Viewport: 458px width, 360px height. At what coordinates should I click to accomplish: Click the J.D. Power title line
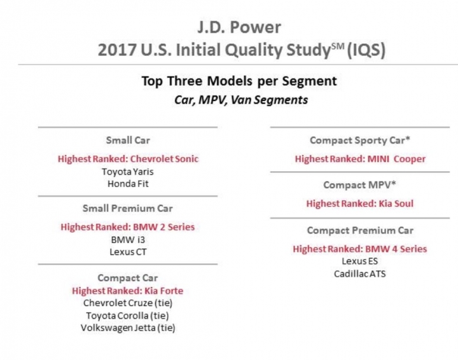(239, 27)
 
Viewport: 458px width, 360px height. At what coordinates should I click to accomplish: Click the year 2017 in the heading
(117, 50)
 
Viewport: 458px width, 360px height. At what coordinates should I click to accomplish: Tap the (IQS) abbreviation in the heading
(366, 50)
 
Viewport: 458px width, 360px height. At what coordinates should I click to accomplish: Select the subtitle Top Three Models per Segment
(239, 81)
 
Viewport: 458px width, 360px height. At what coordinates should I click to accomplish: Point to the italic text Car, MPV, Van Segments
(241, 100)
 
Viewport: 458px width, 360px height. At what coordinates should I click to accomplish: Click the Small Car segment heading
(128, 140)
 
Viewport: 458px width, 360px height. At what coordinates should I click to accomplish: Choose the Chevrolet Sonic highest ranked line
(128, 159)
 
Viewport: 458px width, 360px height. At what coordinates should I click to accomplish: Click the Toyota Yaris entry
(128, 172)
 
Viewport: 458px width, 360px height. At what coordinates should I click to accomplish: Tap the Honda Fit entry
(128, 184)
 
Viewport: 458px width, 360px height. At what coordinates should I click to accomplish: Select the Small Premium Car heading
(128, 209)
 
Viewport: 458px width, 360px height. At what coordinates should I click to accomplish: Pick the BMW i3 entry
(128, 240)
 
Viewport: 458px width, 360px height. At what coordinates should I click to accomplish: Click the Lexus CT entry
(128, 252)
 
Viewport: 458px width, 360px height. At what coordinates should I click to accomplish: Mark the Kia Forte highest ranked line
(128, 291)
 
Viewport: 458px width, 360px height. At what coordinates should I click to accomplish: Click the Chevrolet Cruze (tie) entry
(128, 303)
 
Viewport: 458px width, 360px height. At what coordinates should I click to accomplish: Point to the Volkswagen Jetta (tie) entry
(128, 328)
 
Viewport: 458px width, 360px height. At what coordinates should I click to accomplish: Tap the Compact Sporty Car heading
(360, 141)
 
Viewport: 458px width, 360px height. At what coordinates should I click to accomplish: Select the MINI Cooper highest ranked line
(360, 159)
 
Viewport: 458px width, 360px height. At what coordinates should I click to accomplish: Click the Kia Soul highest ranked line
(360, 204)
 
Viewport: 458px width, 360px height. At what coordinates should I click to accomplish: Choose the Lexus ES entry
(360, 261)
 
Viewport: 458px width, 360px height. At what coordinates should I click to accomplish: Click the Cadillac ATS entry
(360, 274)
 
